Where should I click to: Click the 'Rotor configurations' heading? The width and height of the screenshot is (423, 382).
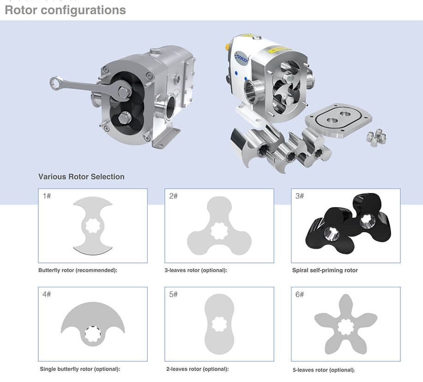65,10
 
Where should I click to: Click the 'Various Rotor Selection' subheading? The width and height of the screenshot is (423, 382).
81,176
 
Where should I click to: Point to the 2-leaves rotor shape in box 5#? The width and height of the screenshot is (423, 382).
219,323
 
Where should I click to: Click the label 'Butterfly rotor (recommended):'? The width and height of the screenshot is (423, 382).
78,270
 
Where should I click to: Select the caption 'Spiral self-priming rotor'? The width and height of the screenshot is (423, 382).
325,270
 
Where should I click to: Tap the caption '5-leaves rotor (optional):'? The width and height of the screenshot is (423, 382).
324,370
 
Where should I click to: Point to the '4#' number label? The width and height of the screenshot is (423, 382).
47,294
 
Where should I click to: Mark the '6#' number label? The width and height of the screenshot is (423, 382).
299,294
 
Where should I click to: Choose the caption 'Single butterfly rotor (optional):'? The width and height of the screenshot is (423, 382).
80,369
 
